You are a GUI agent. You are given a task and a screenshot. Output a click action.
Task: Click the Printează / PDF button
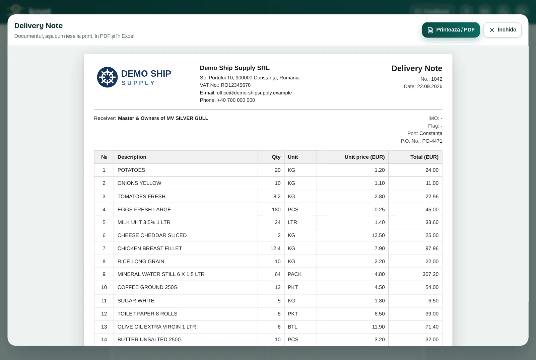[x=451, y=30]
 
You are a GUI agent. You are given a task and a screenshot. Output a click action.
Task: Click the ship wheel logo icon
[x=107, y=77]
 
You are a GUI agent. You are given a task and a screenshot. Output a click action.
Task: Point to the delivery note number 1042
[x=437, y=79]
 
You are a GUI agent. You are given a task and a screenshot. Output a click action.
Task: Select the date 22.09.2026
[x=429, y=86]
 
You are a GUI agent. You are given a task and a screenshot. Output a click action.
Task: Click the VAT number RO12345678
[x=236, y=85]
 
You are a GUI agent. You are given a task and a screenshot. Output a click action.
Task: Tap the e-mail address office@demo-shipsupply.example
[x=254, y=93]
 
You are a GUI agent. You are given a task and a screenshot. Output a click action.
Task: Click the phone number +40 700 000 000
[x=236, y=100]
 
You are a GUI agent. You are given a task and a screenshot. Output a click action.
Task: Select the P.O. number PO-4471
[x=432, y=141]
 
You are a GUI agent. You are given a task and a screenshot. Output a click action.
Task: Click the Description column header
[x=132, y=157]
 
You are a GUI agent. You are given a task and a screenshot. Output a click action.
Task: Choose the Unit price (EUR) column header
[x=364, y=157]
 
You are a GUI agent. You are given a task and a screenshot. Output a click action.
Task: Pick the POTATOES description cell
[x=131, y=170]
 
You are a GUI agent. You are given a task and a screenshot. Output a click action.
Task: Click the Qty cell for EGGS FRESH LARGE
[x=276, y=210]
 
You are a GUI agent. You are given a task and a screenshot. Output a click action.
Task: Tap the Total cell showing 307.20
[x=430, y=274]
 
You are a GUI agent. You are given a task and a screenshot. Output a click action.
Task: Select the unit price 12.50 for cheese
[x=378, y=235]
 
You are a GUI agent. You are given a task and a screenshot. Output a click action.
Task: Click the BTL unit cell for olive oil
[x=292, y=327]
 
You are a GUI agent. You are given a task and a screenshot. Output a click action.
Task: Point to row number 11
[x=104, y=301]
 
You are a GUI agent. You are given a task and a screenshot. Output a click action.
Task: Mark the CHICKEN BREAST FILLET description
[x=149, y=248]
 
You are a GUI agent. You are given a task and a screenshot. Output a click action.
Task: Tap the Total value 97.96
[x=432, y=248]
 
